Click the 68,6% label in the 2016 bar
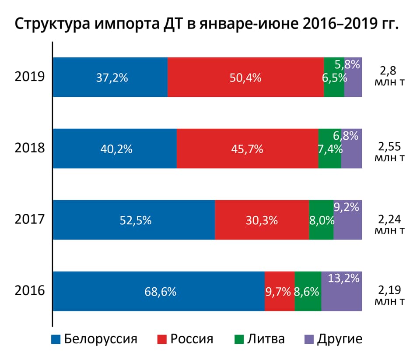(160, 292)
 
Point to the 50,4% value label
(246, 78)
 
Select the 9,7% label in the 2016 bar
(278, 292)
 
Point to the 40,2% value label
(117, 149)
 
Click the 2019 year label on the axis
(30, 77)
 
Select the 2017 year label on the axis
(30, 219)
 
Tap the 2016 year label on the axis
(30, 291)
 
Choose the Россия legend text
(192, 339)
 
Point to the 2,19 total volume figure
(388, 289)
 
